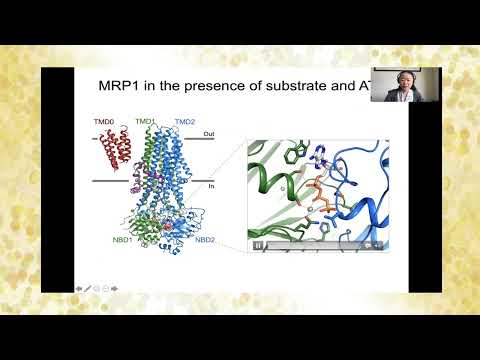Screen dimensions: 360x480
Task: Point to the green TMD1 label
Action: tap(146, 121)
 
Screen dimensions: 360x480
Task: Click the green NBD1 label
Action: tap(123, 239)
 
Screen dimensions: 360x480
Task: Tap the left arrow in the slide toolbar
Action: tap(78, 288)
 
